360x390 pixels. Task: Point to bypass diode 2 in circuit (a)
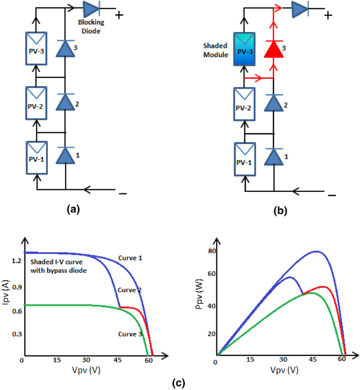[x=65, y=101]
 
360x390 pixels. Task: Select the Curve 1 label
[x=129, y=258]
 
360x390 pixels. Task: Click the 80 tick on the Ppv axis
[x=212, y=251]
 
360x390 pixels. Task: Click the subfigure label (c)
[x=179, y=383]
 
